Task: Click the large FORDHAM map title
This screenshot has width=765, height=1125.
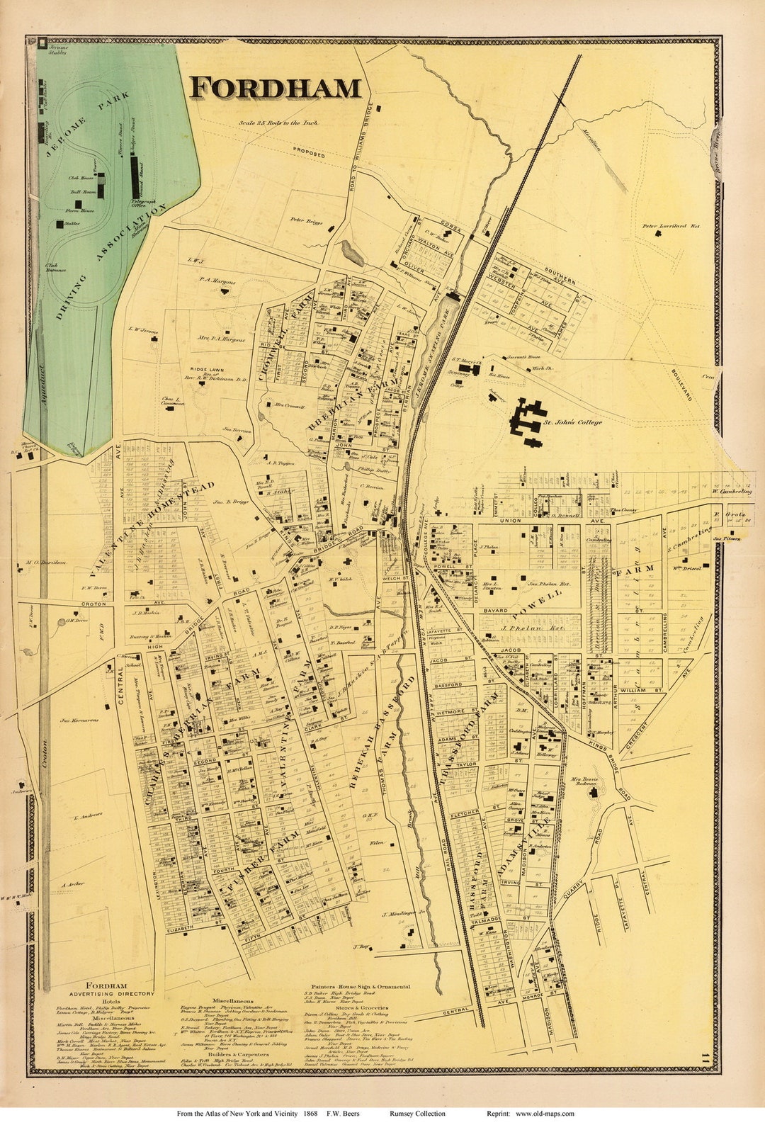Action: click(x=276, y=88)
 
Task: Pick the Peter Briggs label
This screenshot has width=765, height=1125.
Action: click(x=306, y=220)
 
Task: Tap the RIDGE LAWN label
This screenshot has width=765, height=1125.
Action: click(x=206, y=370)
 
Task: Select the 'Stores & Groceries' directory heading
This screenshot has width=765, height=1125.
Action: click(x=358, y=1007)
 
